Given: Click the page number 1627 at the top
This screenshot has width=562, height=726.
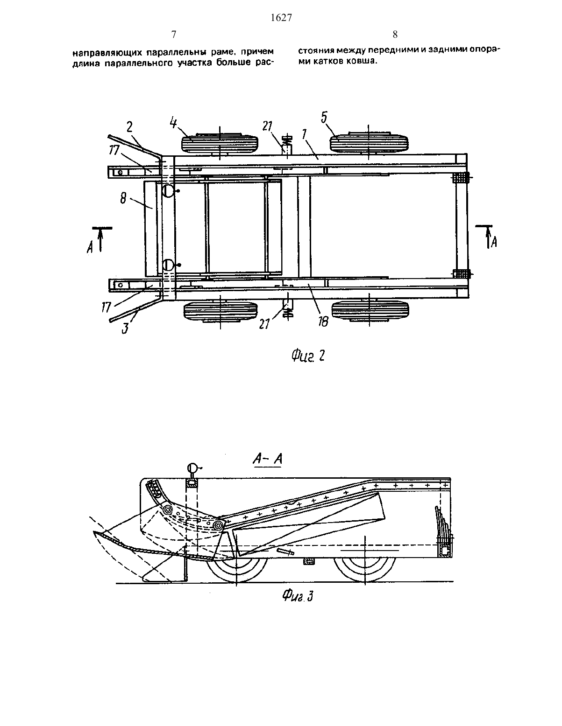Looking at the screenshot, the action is coord(281,17).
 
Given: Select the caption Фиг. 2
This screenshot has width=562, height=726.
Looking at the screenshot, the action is coord(308,356).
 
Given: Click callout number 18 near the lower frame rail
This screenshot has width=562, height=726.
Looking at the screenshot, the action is coord(323,321).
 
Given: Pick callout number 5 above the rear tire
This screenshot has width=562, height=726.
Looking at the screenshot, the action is coord(324,118).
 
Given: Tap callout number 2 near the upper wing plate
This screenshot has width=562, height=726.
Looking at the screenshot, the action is coord(129,127).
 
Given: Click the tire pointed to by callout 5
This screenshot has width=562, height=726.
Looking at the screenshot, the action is coord(369,143).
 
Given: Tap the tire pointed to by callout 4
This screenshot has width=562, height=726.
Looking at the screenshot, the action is coord(220,144).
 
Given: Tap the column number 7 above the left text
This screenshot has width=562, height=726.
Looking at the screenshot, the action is coord(174,35).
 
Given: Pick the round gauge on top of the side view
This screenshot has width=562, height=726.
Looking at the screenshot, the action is coord(192,468).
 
